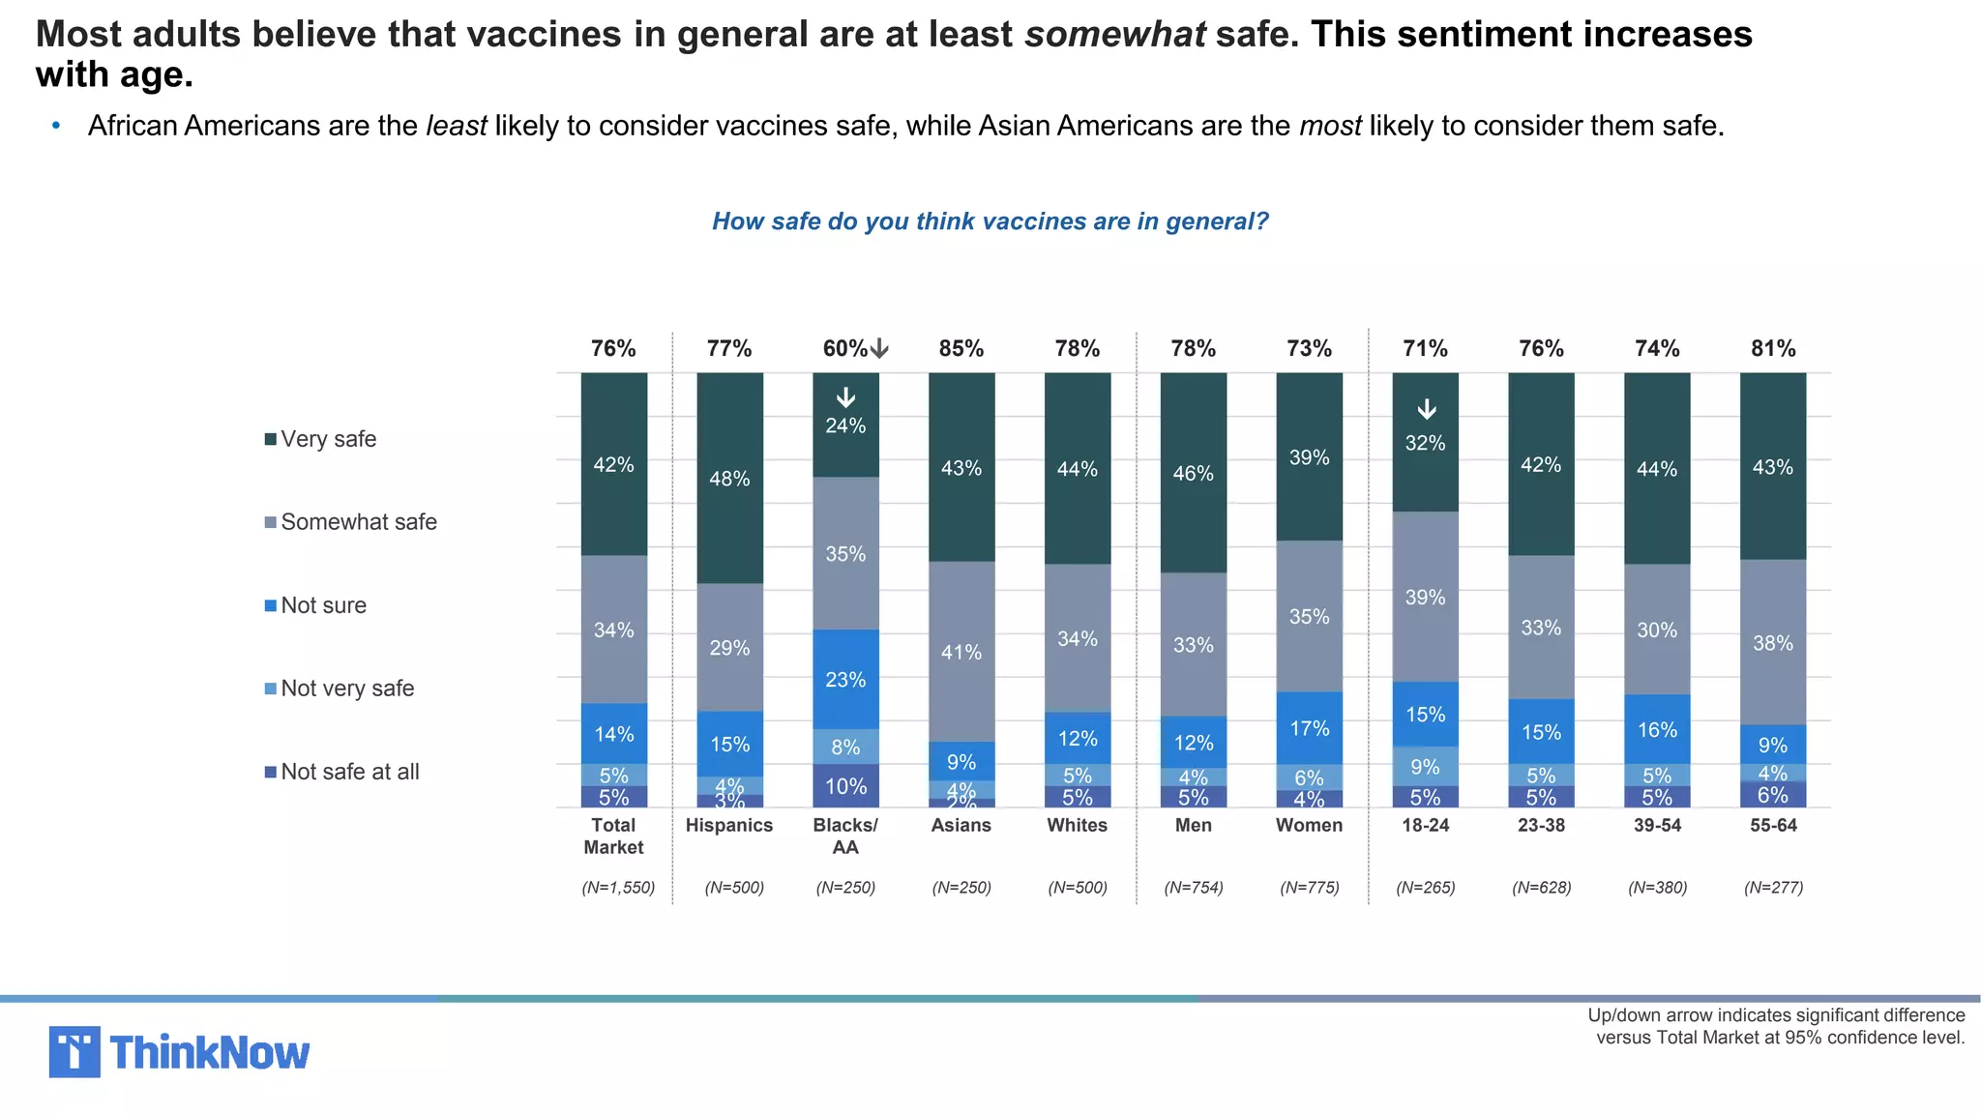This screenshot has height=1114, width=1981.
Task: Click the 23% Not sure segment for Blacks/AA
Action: coord(845,679)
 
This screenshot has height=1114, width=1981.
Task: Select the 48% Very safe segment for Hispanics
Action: coord(729,478)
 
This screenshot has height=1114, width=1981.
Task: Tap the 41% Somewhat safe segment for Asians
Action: coord(961,651)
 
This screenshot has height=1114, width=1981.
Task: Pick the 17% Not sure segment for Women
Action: coord(1309,727)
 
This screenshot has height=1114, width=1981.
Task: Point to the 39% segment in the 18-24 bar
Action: coord(1425,597)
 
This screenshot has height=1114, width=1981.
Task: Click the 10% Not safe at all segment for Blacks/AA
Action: coord(845,785)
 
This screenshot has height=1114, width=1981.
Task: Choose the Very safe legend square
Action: coord(271,439)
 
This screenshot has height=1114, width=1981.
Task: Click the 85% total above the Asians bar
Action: coord(961,348)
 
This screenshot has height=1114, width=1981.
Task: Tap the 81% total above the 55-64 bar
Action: coord(1772,348)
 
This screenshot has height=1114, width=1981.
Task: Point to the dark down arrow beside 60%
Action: coord(879,349)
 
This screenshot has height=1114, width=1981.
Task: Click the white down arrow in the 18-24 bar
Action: coord(1426,410)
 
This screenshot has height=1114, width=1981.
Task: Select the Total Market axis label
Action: coord(613,835)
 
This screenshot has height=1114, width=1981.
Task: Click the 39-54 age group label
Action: coord(1657,825)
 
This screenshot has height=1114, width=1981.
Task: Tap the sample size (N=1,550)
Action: coord(618,887)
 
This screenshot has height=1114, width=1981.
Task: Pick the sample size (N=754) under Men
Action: coord(1193,887)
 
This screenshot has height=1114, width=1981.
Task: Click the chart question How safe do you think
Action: coord(990,221)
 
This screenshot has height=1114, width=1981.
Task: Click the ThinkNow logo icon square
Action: coord(74,1051)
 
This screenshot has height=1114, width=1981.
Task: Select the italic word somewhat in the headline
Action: coord(1114,35)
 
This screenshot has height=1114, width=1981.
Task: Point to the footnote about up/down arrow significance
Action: coord(1776,1026)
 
